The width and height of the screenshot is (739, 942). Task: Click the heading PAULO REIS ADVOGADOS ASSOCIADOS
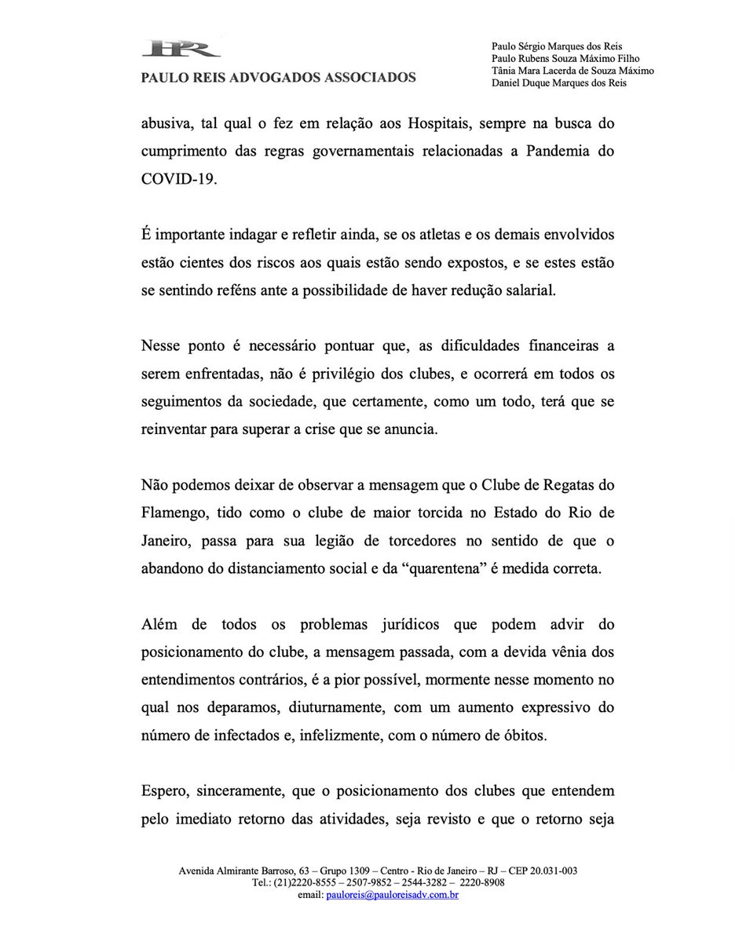coord(278,78)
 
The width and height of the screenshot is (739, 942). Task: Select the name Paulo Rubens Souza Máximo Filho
coord(564,58)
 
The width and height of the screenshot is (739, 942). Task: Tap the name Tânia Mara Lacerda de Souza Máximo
coord(573,71)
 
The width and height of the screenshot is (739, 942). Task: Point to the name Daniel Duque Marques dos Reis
coord(559,83)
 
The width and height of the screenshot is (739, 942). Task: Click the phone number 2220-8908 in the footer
coord(482,883)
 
